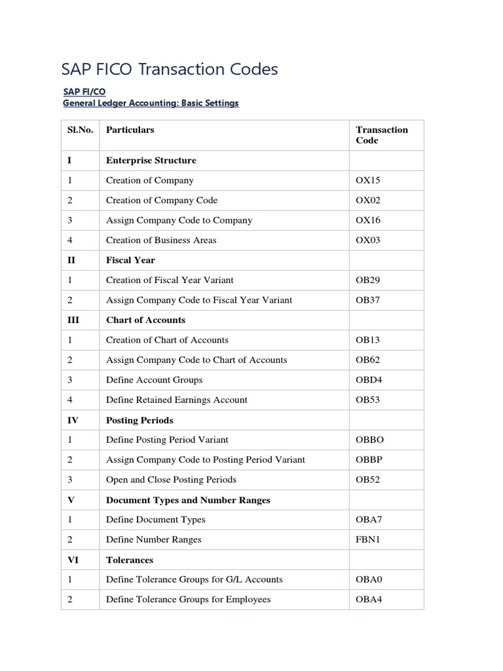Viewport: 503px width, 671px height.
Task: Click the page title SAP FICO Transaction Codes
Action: pyautogui.click(x=169, y=69)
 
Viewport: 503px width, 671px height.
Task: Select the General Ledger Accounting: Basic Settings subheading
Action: pyautogui.click(x=151, y=104)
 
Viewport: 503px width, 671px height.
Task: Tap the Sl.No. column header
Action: pyautogui.click(x=80, y=130)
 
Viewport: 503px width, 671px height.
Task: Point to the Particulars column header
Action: pyautogui.click(x=130, y=130)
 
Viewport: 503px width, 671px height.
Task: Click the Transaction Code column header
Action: pyautogui.click(x=381, y=135)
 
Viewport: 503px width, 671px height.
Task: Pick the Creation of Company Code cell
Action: pyautogui.click(x=162, y=200)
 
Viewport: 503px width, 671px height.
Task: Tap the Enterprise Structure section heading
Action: pyautogui.click(x=151, y=160)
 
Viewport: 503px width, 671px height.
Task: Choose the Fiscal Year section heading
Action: pyautogui.click(x=130, y=260)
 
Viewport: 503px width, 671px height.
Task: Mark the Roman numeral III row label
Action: pyautogui.click(x=73, y=320)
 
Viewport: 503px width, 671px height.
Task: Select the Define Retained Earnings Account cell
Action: pyautogui.click(x=177, y=400)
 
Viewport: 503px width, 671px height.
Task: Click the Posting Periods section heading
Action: pyautogui.click(x=140, y=420)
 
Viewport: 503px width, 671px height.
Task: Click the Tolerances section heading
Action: pyautogui.click(x=130, y=560)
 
